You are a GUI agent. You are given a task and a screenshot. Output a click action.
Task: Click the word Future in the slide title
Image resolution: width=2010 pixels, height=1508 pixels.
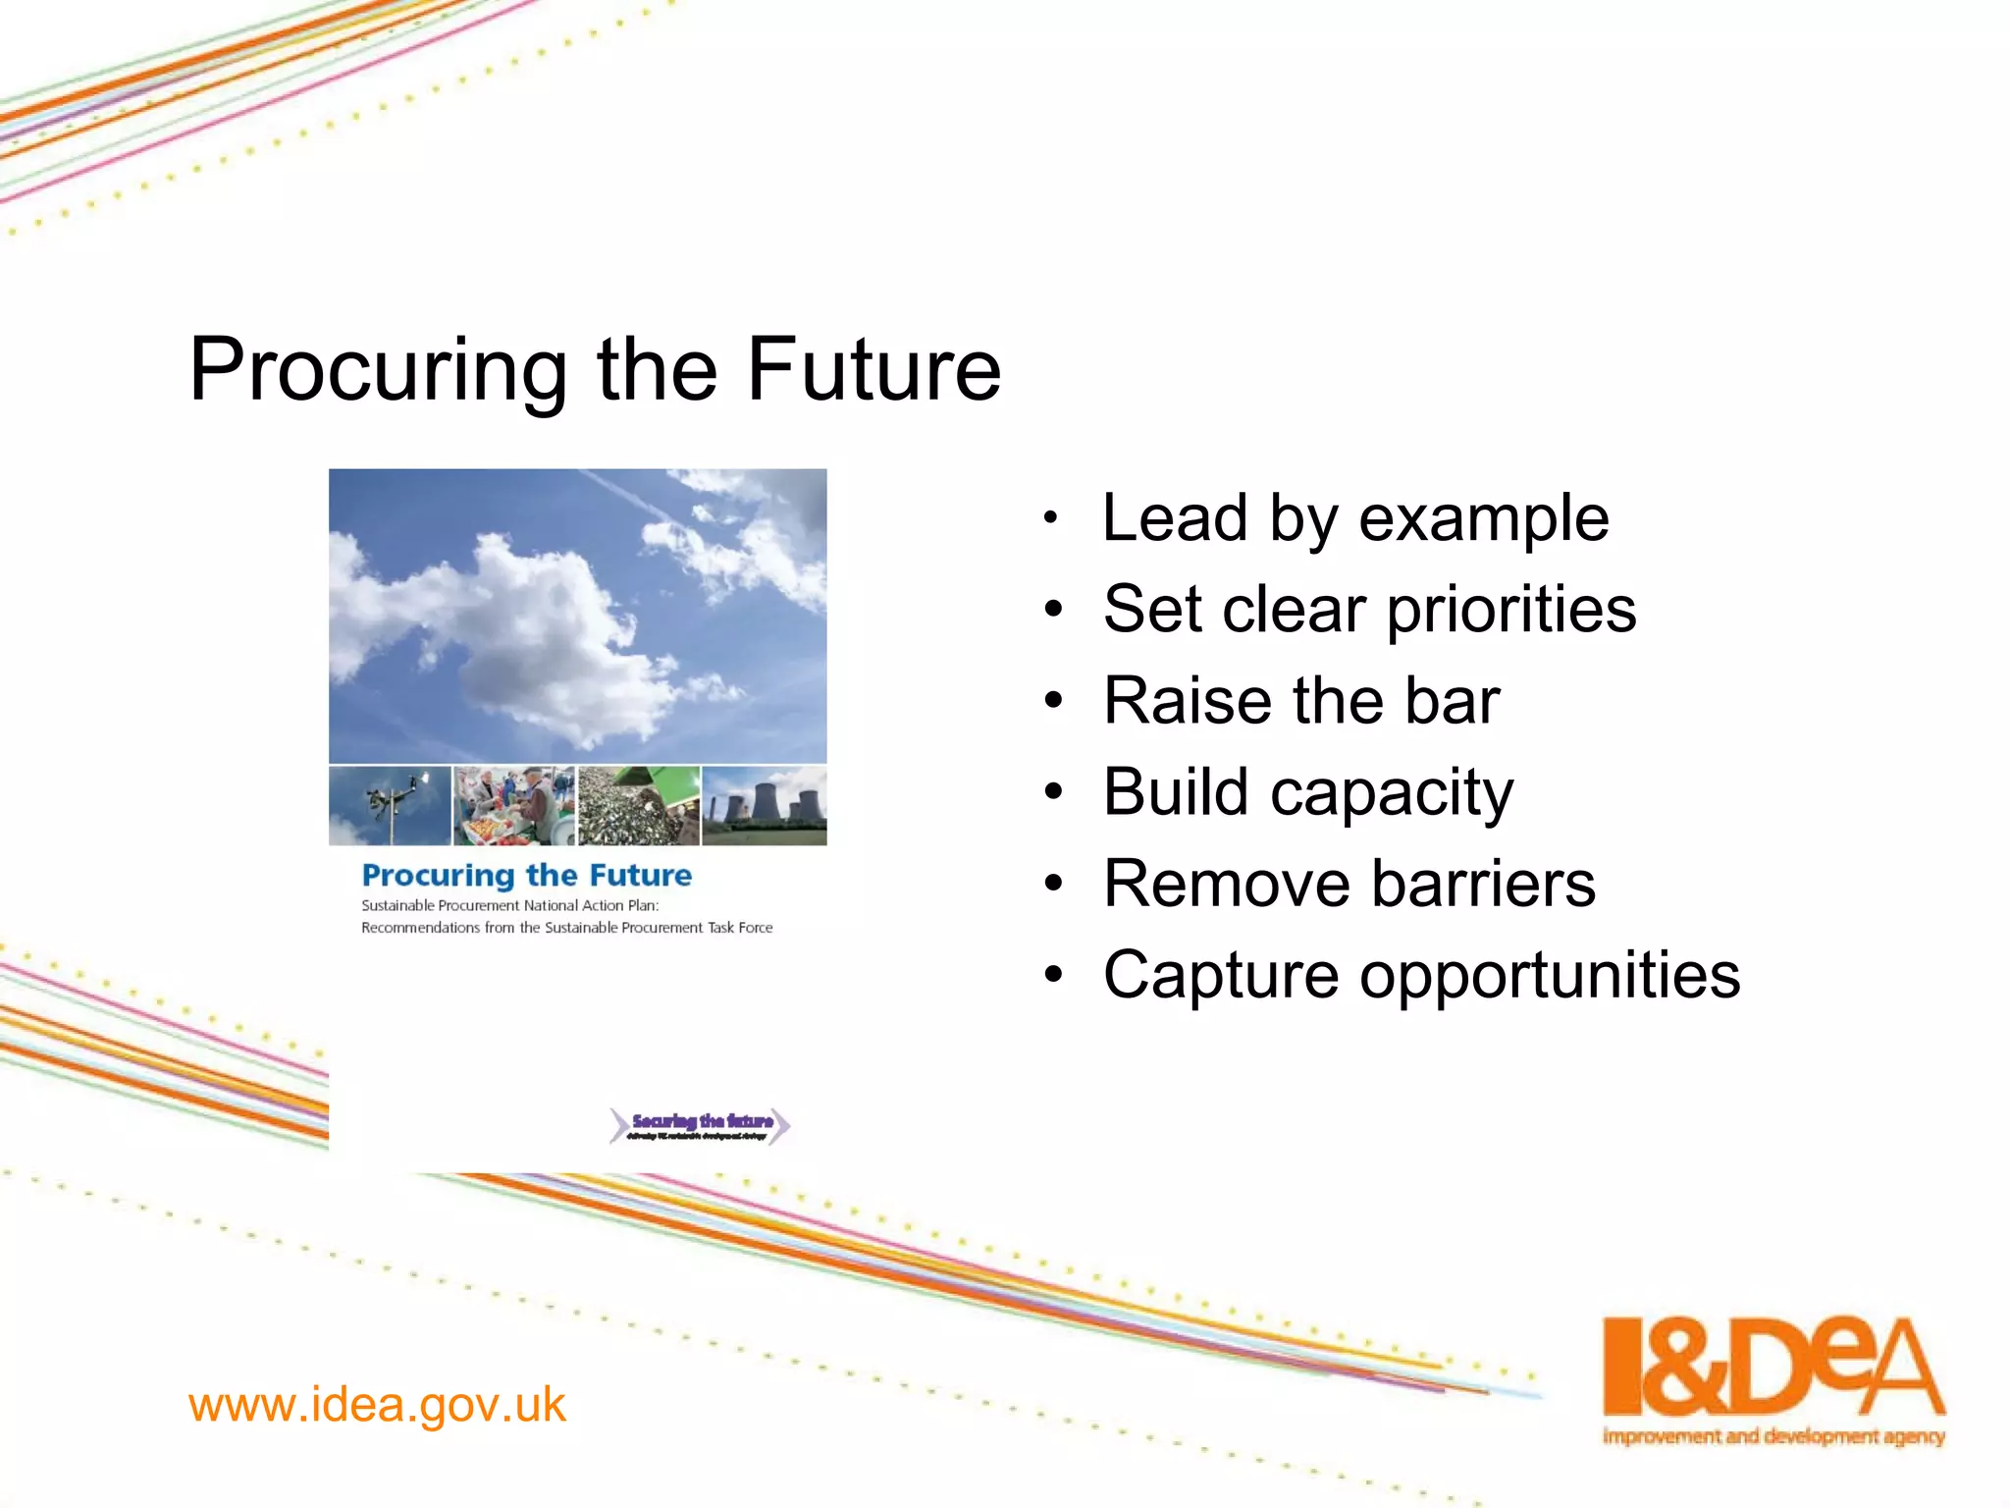click(873, 369)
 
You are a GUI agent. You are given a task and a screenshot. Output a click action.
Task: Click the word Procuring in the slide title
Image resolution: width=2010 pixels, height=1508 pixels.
click(378, 371)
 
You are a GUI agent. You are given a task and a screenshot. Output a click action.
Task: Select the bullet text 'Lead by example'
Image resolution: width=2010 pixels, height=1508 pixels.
click(1354, 518)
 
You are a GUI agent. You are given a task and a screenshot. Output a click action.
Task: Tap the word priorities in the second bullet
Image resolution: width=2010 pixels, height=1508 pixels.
click(1511, 610)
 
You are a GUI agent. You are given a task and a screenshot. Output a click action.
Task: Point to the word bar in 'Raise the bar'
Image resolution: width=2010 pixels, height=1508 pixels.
click(1452, 701)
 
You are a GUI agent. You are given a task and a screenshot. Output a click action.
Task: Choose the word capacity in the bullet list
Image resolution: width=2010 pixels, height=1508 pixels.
click(1391, 793)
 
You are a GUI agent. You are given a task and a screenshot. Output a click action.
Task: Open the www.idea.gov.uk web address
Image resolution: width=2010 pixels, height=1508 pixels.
click(377, 1405)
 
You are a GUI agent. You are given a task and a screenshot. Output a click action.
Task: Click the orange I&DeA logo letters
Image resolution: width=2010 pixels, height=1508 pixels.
click(1772, 1367)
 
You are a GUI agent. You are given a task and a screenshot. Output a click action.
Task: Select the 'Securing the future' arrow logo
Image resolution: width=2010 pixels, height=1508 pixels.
click(700, 1126)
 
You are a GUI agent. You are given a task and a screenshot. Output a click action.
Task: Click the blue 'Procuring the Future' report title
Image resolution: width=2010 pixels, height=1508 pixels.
click(526, 875)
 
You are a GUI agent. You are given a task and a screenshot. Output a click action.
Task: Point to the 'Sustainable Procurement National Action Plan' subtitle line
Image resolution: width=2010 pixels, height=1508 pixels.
click(509, 905)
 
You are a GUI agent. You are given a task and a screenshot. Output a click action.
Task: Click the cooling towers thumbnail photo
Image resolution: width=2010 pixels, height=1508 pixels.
click(765, 806)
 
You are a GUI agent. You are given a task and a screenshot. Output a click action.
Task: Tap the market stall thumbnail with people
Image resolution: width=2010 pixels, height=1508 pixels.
click(514, 806)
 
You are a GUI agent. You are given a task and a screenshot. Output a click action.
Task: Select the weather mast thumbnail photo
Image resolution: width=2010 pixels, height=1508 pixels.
click(390, 806)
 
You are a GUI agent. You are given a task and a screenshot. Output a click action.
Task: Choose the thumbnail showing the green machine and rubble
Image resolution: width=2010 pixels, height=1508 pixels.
click(639, 806)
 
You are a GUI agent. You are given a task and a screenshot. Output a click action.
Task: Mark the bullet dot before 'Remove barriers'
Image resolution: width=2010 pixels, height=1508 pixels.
click(1053, 885)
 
